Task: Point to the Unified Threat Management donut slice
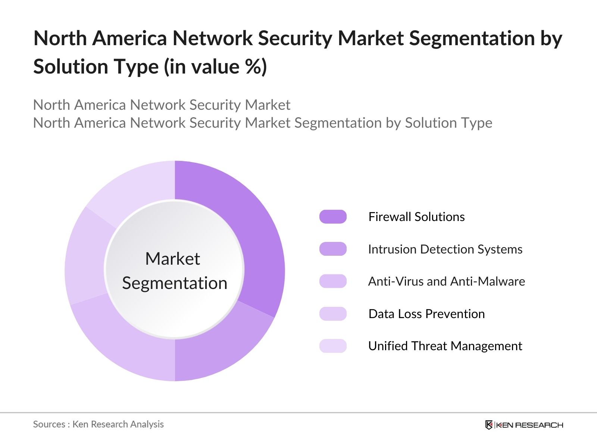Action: tap(134, 187)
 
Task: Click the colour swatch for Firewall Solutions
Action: tap(333, 217)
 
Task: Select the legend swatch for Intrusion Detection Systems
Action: tap(333, 249)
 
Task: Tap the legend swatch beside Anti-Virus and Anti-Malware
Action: tap(333, 281)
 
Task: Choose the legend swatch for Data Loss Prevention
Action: tap(333, 314)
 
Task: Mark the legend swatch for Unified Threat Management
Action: tap(333, 346)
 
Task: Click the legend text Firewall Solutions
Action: tap(416, 217)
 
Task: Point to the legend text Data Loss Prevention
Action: tap(426, 314)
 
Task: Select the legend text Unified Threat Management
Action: tap(445, 346)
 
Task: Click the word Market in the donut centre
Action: tap(172, 259)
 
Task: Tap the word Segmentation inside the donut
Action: tap(175, 283)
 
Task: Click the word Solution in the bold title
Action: tap(70, 67)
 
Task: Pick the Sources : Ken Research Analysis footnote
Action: tap(99, 424)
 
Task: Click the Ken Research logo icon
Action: tap(489, 425)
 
